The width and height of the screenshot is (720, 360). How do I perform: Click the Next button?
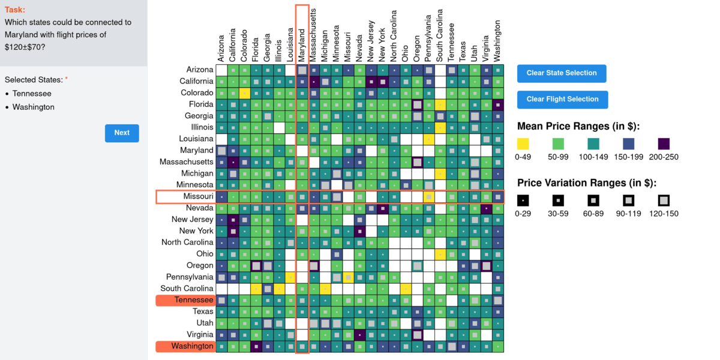coord(122,133)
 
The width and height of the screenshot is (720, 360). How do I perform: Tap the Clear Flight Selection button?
coord(562,100)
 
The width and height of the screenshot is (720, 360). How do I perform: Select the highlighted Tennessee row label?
coord(185,300)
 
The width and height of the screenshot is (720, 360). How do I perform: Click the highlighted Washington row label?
coord(185,346)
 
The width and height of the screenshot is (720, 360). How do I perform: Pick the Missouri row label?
coord(198,197)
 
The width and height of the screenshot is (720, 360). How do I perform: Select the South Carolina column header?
coord(440,36)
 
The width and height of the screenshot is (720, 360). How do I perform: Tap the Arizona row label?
coord(200,70)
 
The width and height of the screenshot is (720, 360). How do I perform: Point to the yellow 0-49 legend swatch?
coord(523,144)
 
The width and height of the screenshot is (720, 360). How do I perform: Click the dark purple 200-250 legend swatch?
coord(664,144)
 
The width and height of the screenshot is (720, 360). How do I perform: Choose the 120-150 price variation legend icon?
coord(664,200)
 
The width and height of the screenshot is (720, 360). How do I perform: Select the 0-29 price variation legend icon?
coord(523,200)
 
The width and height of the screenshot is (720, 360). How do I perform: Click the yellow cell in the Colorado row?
coord(245,93)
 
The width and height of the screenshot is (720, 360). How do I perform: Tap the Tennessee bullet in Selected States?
coord(32,94)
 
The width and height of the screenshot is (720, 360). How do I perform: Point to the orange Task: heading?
coord(15,10)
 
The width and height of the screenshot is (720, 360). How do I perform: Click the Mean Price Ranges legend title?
coord(578,127)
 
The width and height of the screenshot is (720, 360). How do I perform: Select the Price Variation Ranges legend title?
coord(587,183)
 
